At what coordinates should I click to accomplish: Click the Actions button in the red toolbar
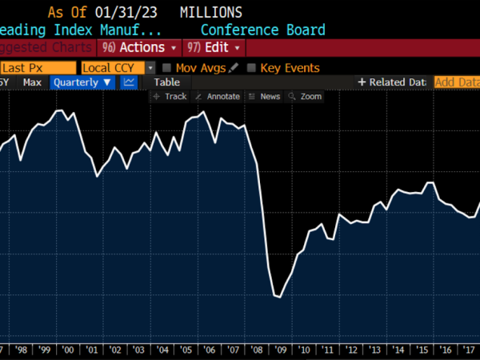[138, 48]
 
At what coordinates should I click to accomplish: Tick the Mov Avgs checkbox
[166, 68]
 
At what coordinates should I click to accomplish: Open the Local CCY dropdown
[118, 68]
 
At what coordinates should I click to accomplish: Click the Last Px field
[38, 68]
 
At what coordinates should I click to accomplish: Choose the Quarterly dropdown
[82, 82]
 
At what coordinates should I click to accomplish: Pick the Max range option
[32, 82]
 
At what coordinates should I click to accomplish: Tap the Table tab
[166, 82]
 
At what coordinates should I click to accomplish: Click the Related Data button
[392, 82]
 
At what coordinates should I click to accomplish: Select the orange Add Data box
[456, 82]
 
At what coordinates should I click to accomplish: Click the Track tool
[170, 96]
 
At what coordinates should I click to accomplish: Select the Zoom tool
[306, 96]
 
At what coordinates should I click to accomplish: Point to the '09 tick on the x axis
[281, 350]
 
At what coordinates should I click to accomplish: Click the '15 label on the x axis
[423, 350]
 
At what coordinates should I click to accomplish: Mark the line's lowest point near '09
[278, 298]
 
